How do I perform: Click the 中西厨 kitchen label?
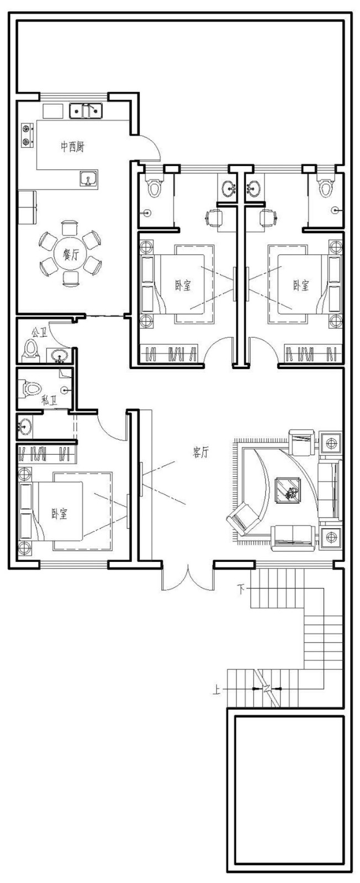[x=72, y=147]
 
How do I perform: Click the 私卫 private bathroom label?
[x=49, y=401]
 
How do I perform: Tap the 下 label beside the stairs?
[x=241, y=590]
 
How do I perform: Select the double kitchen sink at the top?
[x=86, y=110]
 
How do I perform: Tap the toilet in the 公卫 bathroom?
[x=31, y=350]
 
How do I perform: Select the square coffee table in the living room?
[x=287, y=490]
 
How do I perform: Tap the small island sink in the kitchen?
[x=88, y=179]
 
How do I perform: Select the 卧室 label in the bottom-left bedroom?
[x=60, y=514]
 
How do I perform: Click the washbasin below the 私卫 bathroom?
[x=25, y=426]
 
